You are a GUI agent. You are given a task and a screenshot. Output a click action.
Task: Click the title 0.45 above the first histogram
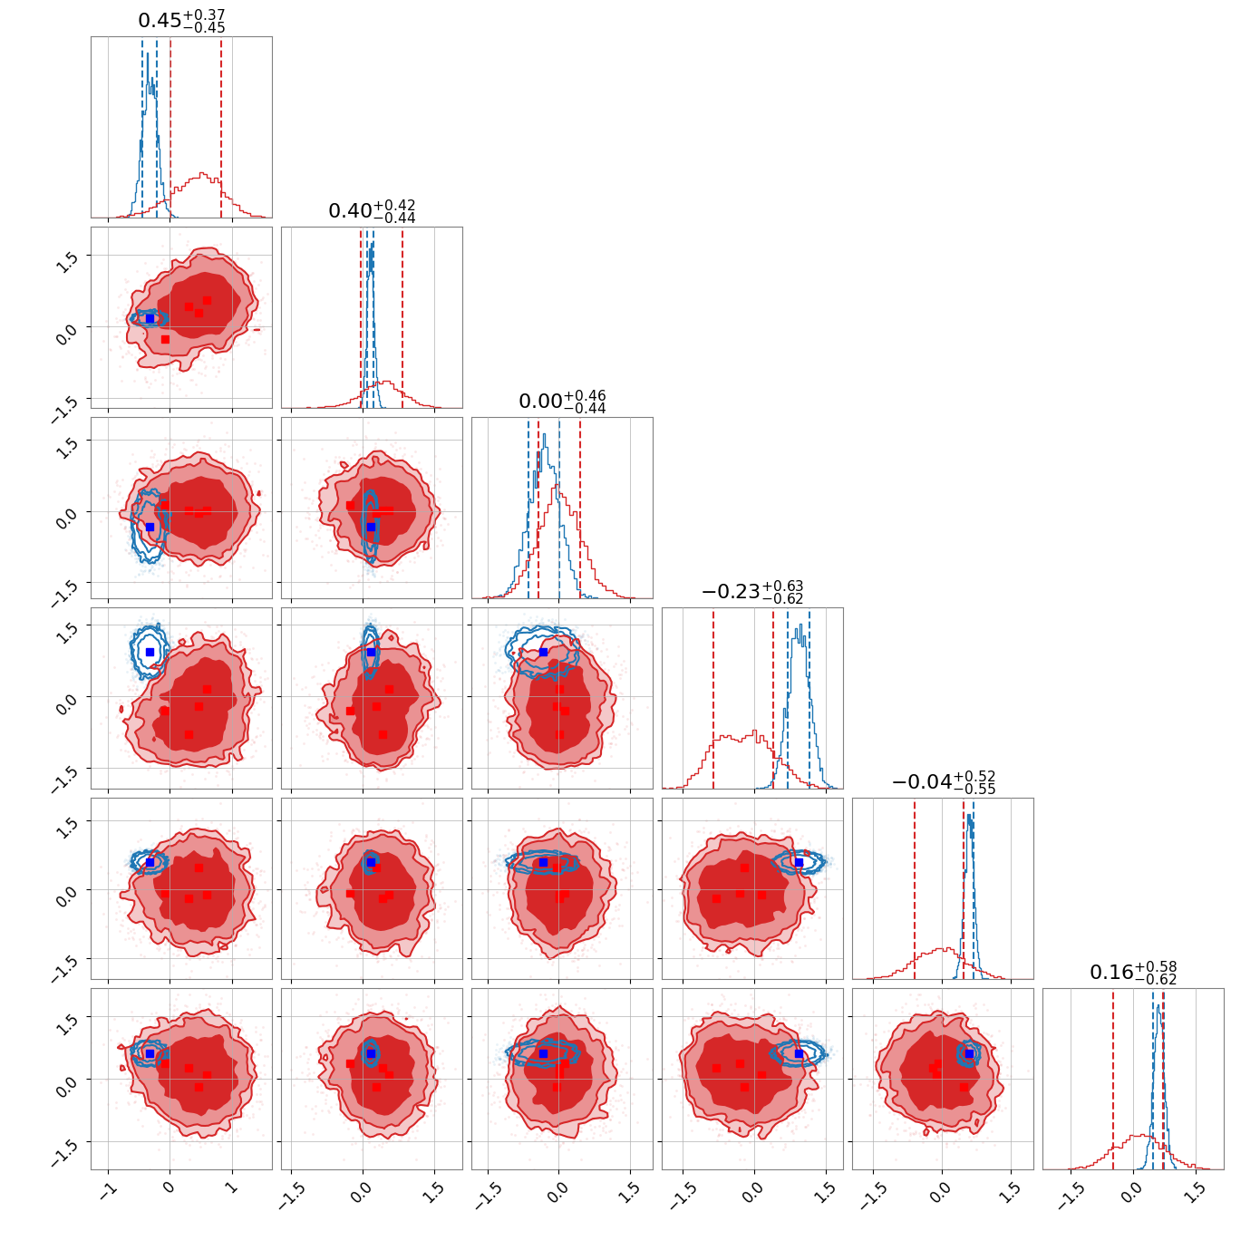tap(181, 21)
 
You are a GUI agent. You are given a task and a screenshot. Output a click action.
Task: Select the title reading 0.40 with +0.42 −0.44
tap(372, 211)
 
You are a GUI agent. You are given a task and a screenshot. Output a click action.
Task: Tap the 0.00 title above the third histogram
tap(562, 402)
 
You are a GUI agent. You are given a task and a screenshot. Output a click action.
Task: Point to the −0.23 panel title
tap(752, 592)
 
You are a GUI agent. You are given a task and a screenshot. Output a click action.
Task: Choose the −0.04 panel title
tap(943, 782)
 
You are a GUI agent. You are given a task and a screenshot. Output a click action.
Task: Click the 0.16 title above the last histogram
tap(1133, 973)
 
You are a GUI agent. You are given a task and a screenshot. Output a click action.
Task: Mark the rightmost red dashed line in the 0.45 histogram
tap(221, 127)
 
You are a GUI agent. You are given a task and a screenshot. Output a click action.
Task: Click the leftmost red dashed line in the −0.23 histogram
tap(713, 698)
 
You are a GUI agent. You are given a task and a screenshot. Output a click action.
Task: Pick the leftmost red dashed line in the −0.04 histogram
tap(915, 888)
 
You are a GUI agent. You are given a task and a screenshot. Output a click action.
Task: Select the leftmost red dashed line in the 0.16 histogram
tap(1113, 1079)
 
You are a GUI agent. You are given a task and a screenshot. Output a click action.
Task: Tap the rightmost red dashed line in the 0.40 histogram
tap(402, 317)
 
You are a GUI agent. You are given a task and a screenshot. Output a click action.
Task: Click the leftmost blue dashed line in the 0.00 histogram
tap(528, 508)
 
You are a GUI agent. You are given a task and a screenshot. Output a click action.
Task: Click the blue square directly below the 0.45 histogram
tap(150, 318)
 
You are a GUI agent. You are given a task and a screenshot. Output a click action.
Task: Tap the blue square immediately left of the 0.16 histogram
tap(970, 1053)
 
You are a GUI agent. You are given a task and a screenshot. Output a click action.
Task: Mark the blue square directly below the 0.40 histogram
tap(371, 527)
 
